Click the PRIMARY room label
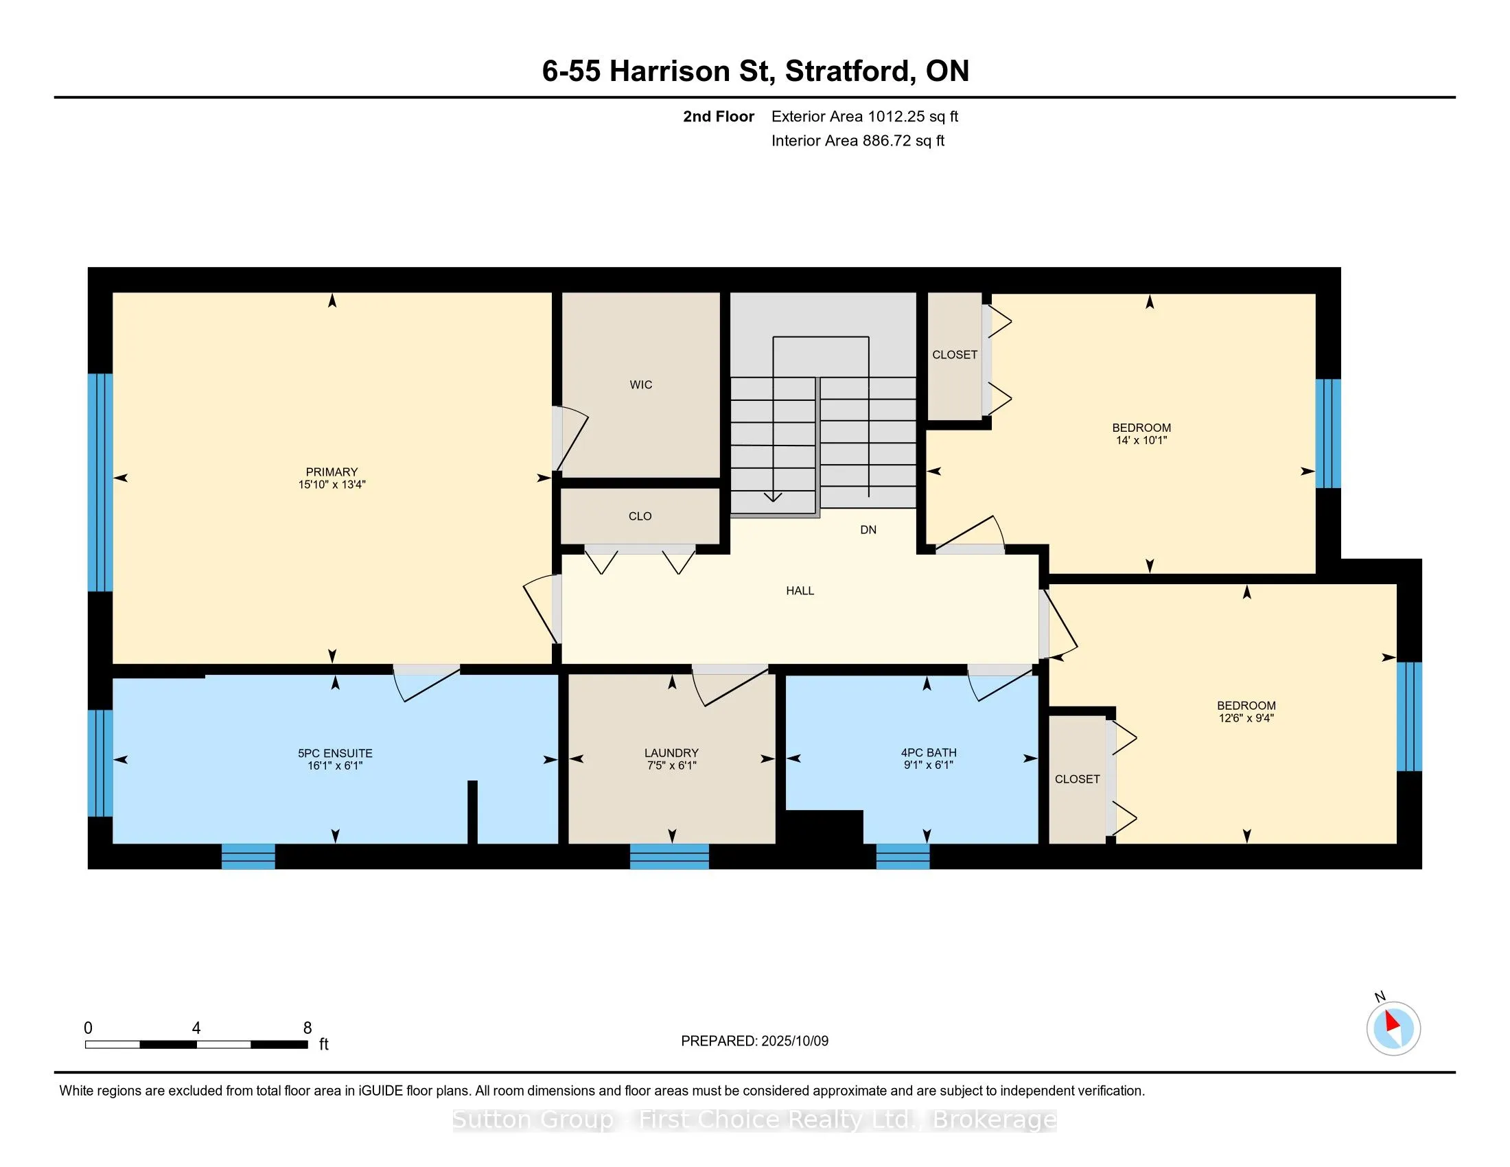(332, 472)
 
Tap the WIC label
(641, 385)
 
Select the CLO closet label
(640, 516)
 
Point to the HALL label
(800, 591)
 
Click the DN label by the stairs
(868, 530)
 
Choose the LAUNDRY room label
(671, 753)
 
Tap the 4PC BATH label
(929, 752)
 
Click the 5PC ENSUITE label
(336, 753)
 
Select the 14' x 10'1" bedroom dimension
(1141, 441)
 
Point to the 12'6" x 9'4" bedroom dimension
(1246, 718)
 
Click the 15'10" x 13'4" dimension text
(332, 485)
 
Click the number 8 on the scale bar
(307, 1028)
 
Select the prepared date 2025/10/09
(794, 1041)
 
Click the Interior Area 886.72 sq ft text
(858, 141)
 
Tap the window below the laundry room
(669, 857)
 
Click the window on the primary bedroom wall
(100, 483)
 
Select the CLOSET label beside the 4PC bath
(1077, 779)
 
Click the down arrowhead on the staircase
(773, 496)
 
